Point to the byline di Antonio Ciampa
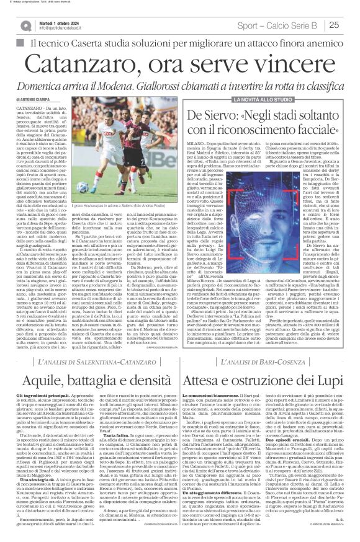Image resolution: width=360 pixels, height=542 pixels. [32, 99]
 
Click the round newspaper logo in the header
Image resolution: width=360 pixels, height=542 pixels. [24, 25]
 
